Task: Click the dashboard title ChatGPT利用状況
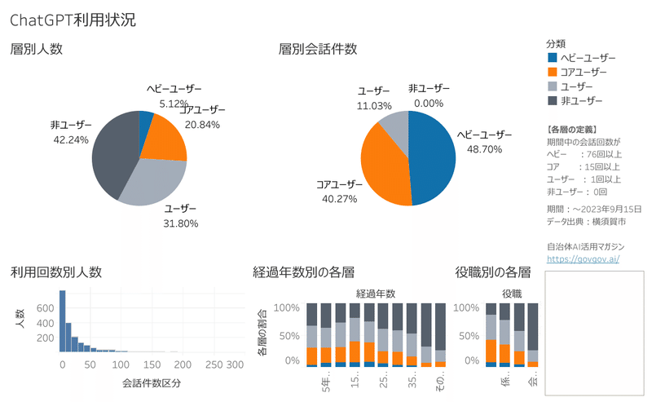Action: (x=73, y=20)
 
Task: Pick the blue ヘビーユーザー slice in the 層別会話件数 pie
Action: (x=432, y=159)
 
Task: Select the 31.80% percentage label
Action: (x=180, y=223)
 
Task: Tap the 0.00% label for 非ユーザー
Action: (x=428, y=104)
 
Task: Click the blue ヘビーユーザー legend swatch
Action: (x=553, y=58)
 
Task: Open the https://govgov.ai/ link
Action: (x=584, y=258)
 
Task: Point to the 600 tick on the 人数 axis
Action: (x=45, y=307)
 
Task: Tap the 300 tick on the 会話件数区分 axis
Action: (x=236, y=364)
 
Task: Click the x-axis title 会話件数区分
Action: (x=151, y=382)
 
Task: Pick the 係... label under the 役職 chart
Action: (x=504, y=382)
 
